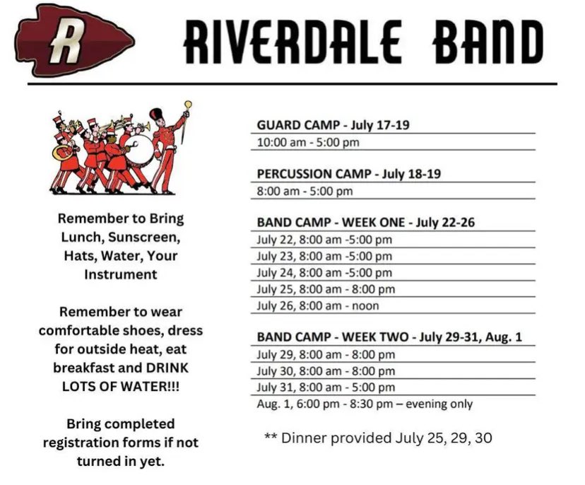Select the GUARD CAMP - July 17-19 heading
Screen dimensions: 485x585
[333, 125]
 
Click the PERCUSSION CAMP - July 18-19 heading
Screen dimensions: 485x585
[350, 174]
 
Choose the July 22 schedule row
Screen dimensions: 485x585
[324, 240]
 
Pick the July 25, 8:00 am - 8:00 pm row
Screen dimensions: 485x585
[326, 289]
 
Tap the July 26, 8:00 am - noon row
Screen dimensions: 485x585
[318, 306]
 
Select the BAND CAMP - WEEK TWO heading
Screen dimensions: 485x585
[389, 337]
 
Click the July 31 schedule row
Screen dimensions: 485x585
[326, 387]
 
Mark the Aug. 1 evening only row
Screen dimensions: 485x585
[365, 404]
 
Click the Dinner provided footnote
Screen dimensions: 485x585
[377, 438]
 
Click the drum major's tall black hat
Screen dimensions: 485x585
[156, 115]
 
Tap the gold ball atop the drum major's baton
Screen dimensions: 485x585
[188, 105]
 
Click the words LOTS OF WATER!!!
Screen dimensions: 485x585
[120, 386]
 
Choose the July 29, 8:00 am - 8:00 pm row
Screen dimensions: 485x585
[326, 354]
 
